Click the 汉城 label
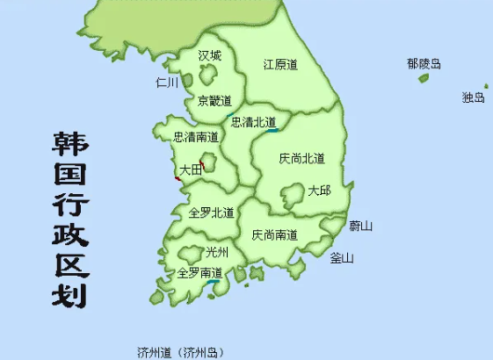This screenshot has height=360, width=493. (x=210, y=56)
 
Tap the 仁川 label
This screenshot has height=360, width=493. (x=167, y=83)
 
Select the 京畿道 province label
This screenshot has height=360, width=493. (x=214, y=100)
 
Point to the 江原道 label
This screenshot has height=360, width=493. (x=281, y=64)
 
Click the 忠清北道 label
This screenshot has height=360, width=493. (x=253, y=122)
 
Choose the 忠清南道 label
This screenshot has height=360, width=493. (x=196, y=137)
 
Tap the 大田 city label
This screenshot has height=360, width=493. (x=190, y=169)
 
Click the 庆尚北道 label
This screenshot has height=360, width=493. (x=301, y=159)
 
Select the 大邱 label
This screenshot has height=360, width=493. (x=319, y=191)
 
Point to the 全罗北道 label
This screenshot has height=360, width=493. (x=212, y=212)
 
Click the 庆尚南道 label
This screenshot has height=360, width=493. (x=274, y=234)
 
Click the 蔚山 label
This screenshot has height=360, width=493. (x=360, y=226)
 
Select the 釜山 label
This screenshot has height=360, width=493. (x=341, y=258)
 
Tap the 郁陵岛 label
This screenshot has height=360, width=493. (x=423, y=63)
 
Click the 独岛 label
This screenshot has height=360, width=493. (x=473, y=97)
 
